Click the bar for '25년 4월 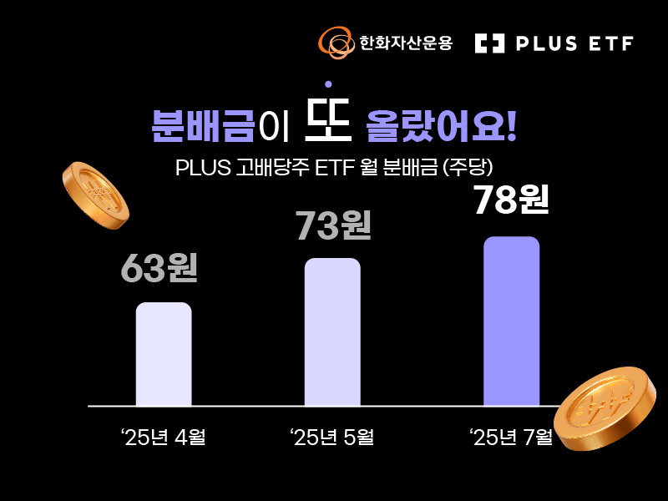click(x=164, y=354)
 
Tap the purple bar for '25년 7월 click(x=511, y=321)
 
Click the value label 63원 click(x=159, y=268)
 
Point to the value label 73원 click(x=332, y=225)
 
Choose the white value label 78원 click(x=511, y=200)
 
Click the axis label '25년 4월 click(x=163, y=438)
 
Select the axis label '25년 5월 click(x=331, y=438)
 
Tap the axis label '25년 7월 click(x=510, y=438)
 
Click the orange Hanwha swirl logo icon click(x=337, y=43)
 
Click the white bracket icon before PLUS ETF click(x=490, y=43)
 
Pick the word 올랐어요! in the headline click(x=442, y=126)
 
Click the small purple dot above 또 click(x=328, y=84)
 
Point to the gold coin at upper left click(x=95, y=195)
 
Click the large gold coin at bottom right click(x=605, y=408)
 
